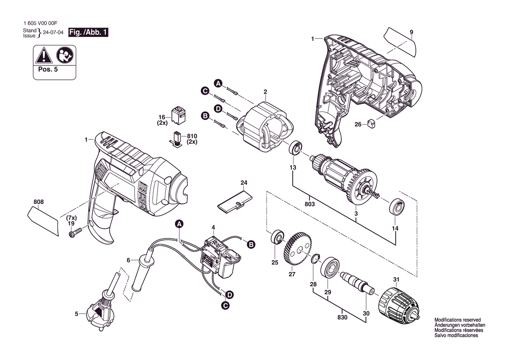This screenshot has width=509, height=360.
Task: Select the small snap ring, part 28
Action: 314,259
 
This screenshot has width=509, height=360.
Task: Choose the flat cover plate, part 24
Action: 234,201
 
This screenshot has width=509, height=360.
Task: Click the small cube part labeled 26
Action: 371,124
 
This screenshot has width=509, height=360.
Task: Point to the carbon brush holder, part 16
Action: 178,115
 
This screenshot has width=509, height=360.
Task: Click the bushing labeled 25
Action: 276,238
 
